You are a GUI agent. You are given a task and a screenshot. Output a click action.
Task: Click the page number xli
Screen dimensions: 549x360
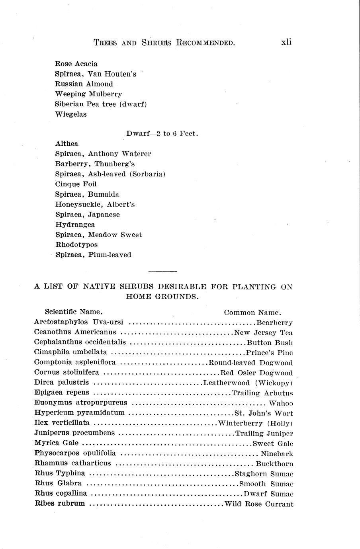tap(286, 42)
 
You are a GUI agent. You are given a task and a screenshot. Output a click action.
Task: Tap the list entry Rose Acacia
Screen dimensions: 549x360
tap(76, 64)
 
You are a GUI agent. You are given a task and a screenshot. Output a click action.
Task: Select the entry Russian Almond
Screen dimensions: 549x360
tap(84, 84)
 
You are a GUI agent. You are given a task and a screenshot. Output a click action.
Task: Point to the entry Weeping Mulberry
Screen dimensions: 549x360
tap(88, 94)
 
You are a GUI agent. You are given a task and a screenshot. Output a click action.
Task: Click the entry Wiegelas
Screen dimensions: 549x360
tap(71, 114)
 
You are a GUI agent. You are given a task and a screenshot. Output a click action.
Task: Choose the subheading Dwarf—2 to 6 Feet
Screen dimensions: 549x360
tap(162, 134)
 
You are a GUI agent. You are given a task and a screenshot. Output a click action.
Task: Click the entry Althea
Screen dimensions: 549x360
tap(67, 144)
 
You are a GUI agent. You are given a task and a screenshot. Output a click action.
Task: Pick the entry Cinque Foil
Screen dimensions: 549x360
tap(76, 184)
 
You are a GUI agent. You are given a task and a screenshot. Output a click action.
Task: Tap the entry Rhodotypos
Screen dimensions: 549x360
tap(76, 245)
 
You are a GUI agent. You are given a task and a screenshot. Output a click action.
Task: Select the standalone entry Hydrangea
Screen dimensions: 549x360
tap(75, 225)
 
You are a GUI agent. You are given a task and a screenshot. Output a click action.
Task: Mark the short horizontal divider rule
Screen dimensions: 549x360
tap(162, 271)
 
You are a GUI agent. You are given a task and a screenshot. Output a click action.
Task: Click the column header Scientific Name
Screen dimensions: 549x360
tap(74, 312)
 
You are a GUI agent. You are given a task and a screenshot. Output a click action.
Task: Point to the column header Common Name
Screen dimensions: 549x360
tap(252, 313)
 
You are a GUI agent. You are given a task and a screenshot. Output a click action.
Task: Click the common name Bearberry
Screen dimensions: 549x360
tap(275, 322)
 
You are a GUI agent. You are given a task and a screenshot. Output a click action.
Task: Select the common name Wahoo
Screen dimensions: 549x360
tap(281, 403)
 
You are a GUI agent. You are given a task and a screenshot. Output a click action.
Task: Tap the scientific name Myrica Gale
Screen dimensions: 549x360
tap(57, 443)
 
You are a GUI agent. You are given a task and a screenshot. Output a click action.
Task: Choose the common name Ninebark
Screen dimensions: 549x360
tap(277, 453)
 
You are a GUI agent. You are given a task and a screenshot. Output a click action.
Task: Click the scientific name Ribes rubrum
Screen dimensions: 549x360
tap(60, 503)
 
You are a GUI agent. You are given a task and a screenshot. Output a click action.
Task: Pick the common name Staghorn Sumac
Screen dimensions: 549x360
tap(264, 474)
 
